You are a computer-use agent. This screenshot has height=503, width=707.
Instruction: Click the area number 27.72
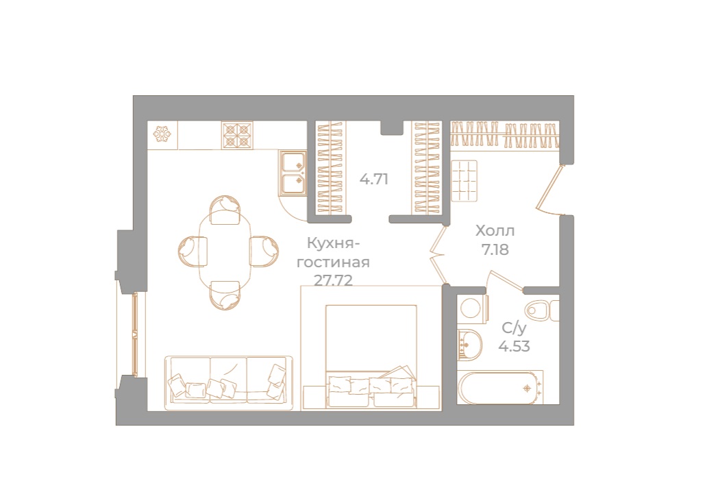[x=333, y=280]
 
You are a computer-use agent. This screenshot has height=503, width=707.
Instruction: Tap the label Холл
[x=495, y=231]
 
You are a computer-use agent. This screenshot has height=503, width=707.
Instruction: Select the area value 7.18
[x=495, y=249]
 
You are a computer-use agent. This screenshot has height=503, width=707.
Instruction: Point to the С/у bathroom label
[x=514, y=328]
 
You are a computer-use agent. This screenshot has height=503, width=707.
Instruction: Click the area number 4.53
[x=514, y=346]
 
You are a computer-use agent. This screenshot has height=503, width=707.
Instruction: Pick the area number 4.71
[x=375, y=180]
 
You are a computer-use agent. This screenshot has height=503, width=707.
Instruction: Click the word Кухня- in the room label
[x=334, y=243]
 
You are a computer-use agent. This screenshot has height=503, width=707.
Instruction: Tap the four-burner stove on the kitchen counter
[x=237, y=134]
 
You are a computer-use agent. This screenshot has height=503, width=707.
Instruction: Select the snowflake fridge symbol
[x=162, y=134]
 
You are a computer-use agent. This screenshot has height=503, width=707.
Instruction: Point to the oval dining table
[x=225, y=252]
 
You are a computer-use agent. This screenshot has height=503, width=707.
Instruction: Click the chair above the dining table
[x=225, y=209]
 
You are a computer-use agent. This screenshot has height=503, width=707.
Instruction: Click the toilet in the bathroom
[x=541, y=310]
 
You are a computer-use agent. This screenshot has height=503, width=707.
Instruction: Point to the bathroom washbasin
[x=468, y=342]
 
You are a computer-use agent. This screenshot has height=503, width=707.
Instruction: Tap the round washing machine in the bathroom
[x=471, y=308]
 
